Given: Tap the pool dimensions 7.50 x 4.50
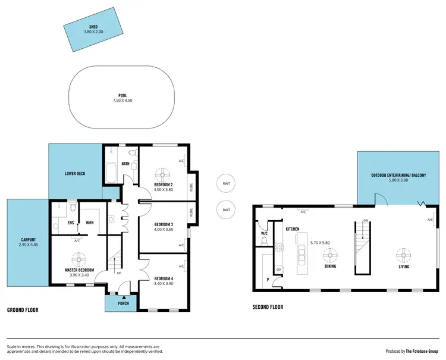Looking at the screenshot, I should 123,100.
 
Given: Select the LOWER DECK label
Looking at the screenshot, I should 75,173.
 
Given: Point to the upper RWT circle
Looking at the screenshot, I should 226,183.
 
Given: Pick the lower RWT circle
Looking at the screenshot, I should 226,210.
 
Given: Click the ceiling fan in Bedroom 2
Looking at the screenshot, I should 162,175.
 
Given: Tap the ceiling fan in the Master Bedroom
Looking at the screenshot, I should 78,260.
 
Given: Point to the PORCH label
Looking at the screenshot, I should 123,303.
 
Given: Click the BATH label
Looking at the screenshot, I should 125,164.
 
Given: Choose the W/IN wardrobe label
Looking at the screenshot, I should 90,223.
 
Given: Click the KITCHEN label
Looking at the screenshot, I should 292,229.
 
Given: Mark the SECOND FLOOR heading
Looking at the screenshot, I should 268,307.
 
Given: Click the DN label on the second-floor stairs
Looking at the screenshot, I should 366,221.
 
